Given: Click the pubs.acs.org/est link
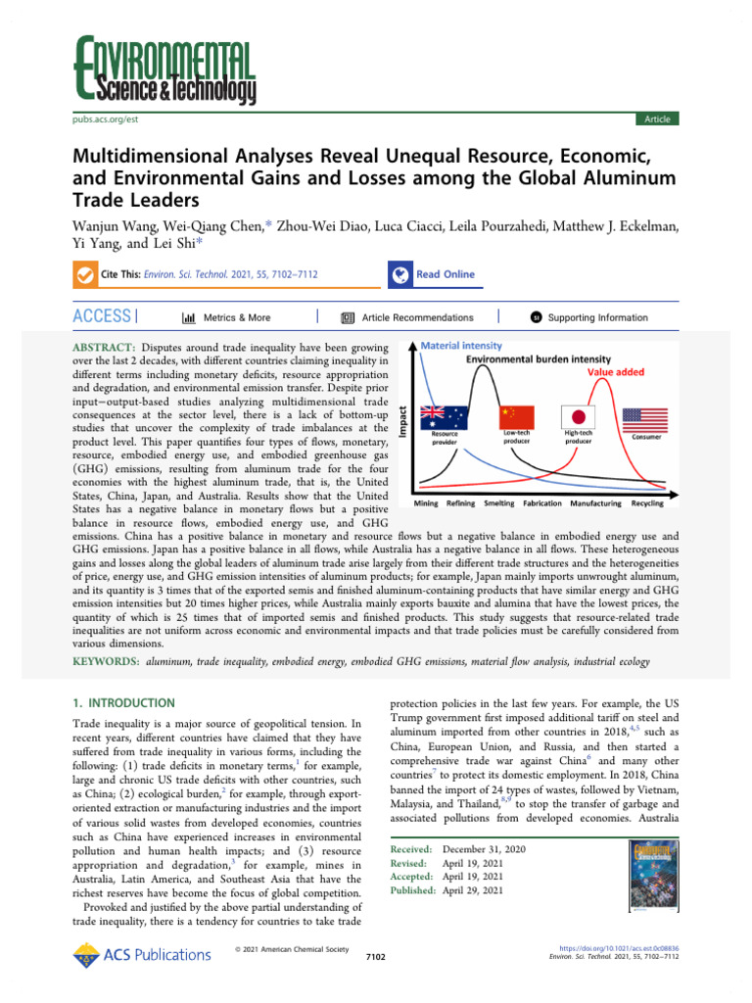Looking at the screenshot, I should click(107, 119).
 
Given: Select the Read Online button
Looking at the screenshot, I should click(431, 274).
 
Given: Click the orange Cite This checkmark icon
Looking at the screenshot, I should click(85, 275).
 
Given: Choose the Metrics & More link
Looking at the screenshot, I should click(227, 317).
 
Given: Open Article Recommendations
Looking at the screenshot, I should click(406, 317).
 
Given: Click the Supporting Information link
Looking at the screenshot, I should click(588, 317).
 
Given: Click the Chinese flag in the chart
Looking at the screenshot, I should click(516, 416).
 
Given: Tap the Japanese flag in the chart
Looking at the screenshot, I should click(578, 416).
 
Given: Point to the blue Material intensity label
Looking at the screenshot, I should click(461, 346).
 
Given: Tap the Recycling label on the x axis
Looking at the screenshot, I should click(646, 503).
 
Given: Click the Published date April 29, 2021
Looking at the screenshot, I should click(474, 890).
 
